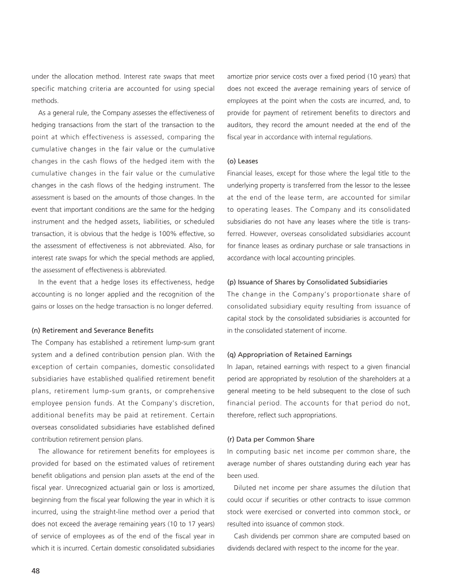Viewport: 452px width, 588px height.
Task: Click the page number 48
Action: [35, 570]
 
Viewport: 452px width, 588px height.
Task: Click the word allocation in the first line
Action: [70, 75]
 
